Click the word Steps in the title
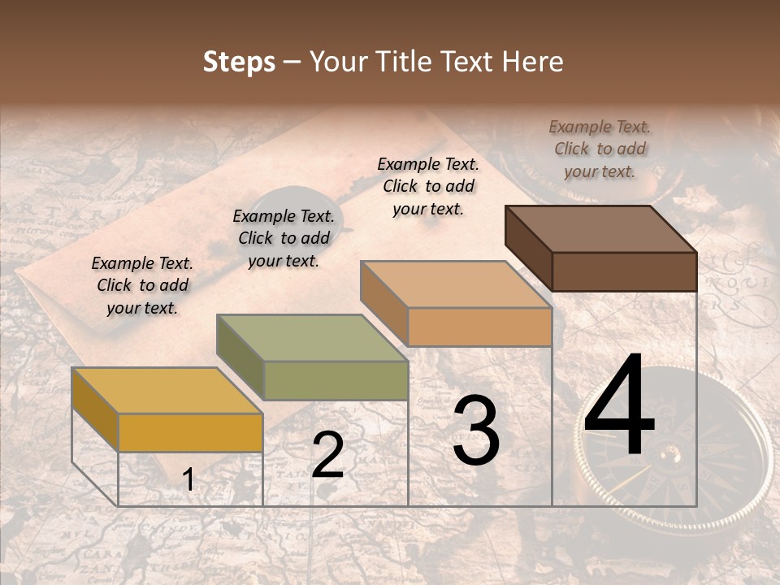pos(239,62)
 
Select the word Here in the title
pos(532,62)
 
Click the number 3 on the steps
pos(476,430)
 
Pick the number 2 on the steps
pos(327,455)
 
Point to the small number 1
pos(188,480)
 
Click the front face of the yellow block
pos(191,432)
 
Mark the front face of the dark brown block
pos(624,271)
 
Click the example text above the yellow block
pos(142,285)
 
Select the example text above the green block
pos(284,238)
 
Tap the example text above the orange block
pos(428,186)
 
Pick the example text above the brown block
pos(600,149)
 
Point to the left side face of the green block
pos(240,357)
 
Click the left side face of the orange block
pos(384,303)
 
